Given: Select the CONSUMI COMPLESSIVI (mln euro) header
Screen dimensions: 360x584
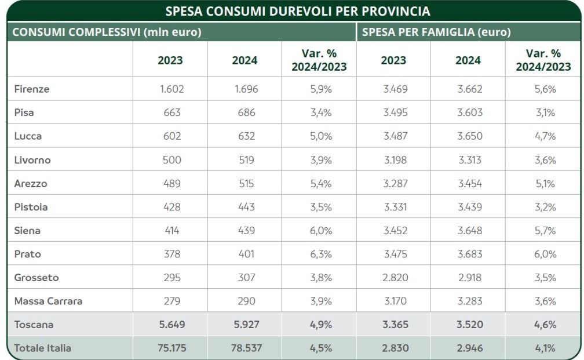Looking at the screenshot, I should [x=107, y=32].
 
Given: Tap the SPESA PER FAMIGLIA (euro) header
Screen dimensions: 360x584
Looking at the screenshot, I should [x=436, y=32].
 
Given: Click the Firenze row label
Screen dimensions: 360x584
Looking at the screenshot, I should [x=32, y=89].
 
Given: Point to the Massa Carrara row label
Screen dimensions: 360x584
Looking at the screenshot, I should [x=48, y=301].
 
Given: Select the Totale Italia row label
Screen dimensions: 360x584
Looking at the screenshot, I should [x=43, y=348].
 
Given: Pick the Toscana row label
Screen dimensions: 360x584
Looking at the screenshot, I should [x=34, y=325].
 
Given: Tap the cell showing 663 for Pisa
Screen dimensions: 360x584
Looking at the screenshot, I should [x=172, y=112].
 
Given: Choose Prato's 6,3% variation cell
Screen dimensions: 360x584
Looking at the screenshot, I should [x=319, y=254].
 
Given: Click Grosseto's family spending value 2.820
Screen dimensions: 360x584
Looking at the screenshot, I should [x=395, y=278].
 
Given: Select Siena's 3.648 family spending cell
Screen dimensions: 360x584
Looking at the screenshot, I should [x=469, y=231].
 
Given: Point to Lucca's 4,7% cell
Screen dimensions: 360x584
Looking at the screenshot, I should [x=545, y=136].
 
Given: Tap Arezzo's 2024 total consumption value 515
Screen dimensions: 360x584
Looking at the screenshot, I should [x=246, y=183].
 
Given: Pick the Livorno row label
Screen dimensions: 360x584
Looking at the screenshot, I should [x=32, y=160].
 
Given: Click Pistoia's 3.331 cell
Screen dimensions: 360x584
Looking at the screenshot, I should [x=395, y=207].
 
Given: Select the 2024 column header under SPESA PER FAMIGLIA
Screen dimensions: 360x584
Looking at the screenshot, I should [x=468, y=60].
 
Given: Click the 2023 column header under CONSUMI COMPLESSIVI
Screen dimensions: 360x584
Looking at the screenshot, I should [x=170, y=60].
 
